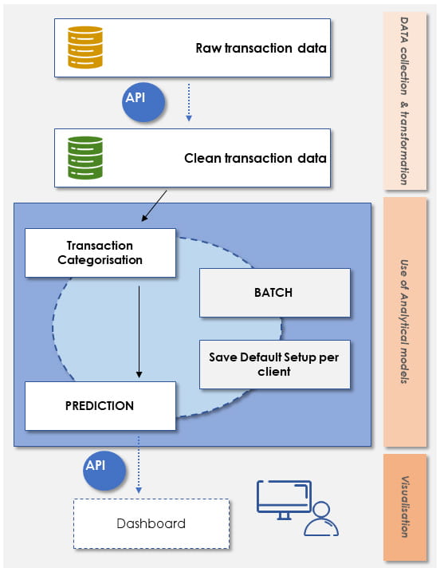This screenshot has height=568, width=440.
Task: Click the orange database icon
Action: (x=85, y=47)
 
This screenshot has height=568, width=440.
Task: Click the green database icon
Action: (x=85, y=158)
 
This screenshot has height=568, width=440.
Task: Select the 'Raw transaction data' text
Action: (x=261, y=48)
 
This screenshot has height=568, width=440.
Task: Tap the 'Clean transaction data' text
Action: (x=255, y=158)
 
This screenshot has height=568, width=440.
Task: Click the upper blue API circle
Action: (x=143, y=102)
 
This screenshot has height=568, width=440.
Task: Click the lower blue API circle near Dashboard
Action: (x=104, y=471)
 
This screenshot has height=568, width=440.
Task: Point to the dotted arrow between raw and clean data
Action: (x=189, y=103)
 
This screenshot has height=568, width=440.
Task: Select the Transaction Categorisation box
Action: (x=100, y=253)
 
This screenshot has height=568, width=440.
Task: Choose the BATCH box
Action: (x=275, y=293)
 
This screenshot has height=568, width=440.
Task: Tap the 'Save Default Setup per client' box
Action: (x=275, y=365)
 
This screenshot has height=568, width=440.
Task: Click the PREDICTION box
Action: (x=100, y=406)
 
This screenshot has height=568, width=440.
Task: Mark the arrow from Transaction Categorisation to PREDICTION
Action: (x=139, y=332)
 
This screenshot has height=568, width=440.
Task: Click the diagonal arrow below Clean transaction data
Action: (x=154, y=206)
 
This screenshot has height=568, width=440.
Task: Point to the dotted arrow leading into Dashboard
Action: (x=138, y=465)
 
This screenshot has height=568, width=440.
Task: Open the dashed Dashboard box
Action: (x=151, y=524)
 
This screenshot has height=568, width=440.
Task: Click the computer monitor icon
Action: (x=284, y=500)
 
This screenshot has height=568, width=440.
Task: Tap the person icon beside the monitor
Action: (x=321, y=519)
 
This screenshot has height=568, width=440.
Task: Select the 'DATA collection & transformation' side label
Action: (x=405, y=101)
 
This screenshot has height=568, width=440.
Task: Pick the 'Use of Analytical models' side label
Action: (x=405, y=321)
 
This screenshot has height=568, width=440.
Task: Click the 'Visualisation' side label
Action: (x=405, y=507)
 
